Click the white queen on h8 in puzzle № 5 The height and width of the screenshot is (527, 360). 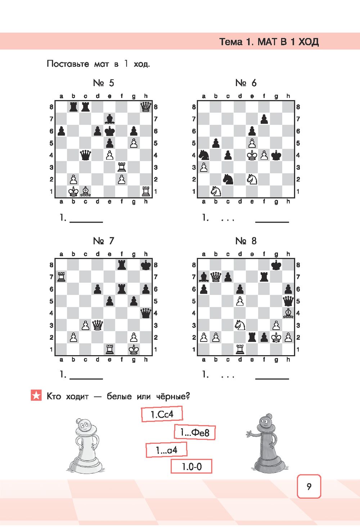145,107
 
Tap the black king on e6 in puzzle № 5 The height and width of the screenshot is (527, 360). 109,131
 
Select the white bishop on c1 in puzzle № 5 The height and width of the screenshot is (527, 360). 85,191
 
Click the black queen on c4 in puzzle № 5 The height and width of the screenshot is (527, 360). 85,155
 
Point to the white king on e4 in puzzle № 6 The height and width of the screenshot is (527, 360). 252,155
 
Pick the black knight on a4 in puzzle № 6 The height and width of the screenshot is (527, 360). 204,155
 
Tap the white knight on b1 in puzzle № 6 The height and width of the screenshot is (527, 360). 216,191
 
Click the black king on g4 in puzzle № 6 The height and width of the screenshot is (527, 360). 276,155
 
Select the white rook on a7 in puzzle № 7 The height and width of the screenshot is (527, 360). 61,277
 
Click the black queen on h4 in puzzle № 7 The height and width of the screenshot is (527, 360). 145,313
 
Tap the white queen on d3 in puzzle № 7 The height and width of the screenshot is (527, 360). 98,325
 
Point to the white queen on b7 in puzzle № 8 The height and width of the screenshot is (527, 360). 216,277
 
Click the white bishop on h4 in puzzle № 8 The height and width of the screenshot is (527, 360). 288,313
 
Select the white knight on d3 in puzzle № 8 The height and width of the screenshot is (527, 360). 240,325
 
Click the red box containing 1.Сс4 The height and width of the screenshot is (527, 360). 162,414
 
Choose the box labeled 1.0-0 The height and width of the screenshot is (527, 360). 191,466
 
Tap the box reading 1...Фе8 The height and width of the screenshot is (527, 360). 195,432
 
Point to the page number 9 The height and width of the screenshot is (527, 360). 309,486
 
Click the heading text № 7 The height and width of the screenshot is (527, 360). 103,241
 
